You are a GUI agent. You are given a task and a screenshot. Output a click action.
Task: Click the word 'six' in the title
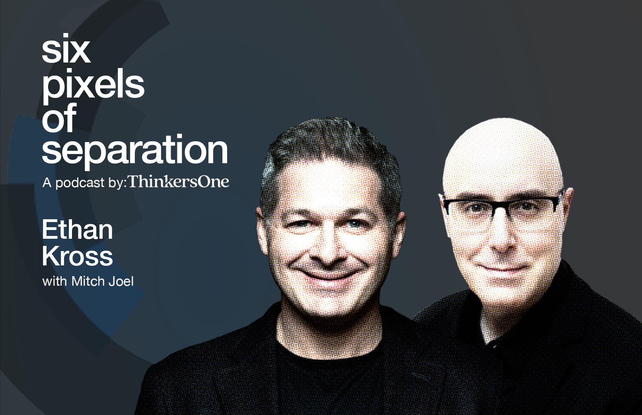click(66, 52)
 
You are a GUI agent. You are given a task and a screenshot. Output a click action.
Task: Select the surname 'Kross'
click(78, 255)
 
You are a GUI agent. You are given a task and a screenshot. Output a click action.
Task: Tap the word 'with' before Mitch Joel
click(55, 281)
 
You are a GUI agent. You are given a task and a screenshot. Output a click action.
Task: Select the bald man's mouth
click(502, 268)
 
